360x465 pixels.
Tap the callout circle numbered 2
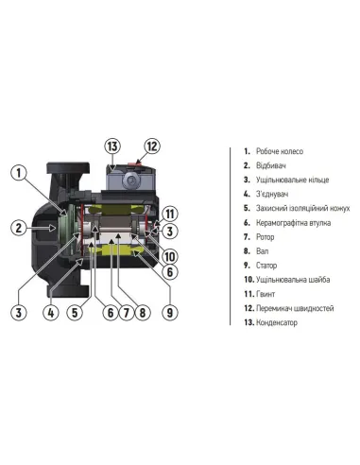click(x=19, y=227)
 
